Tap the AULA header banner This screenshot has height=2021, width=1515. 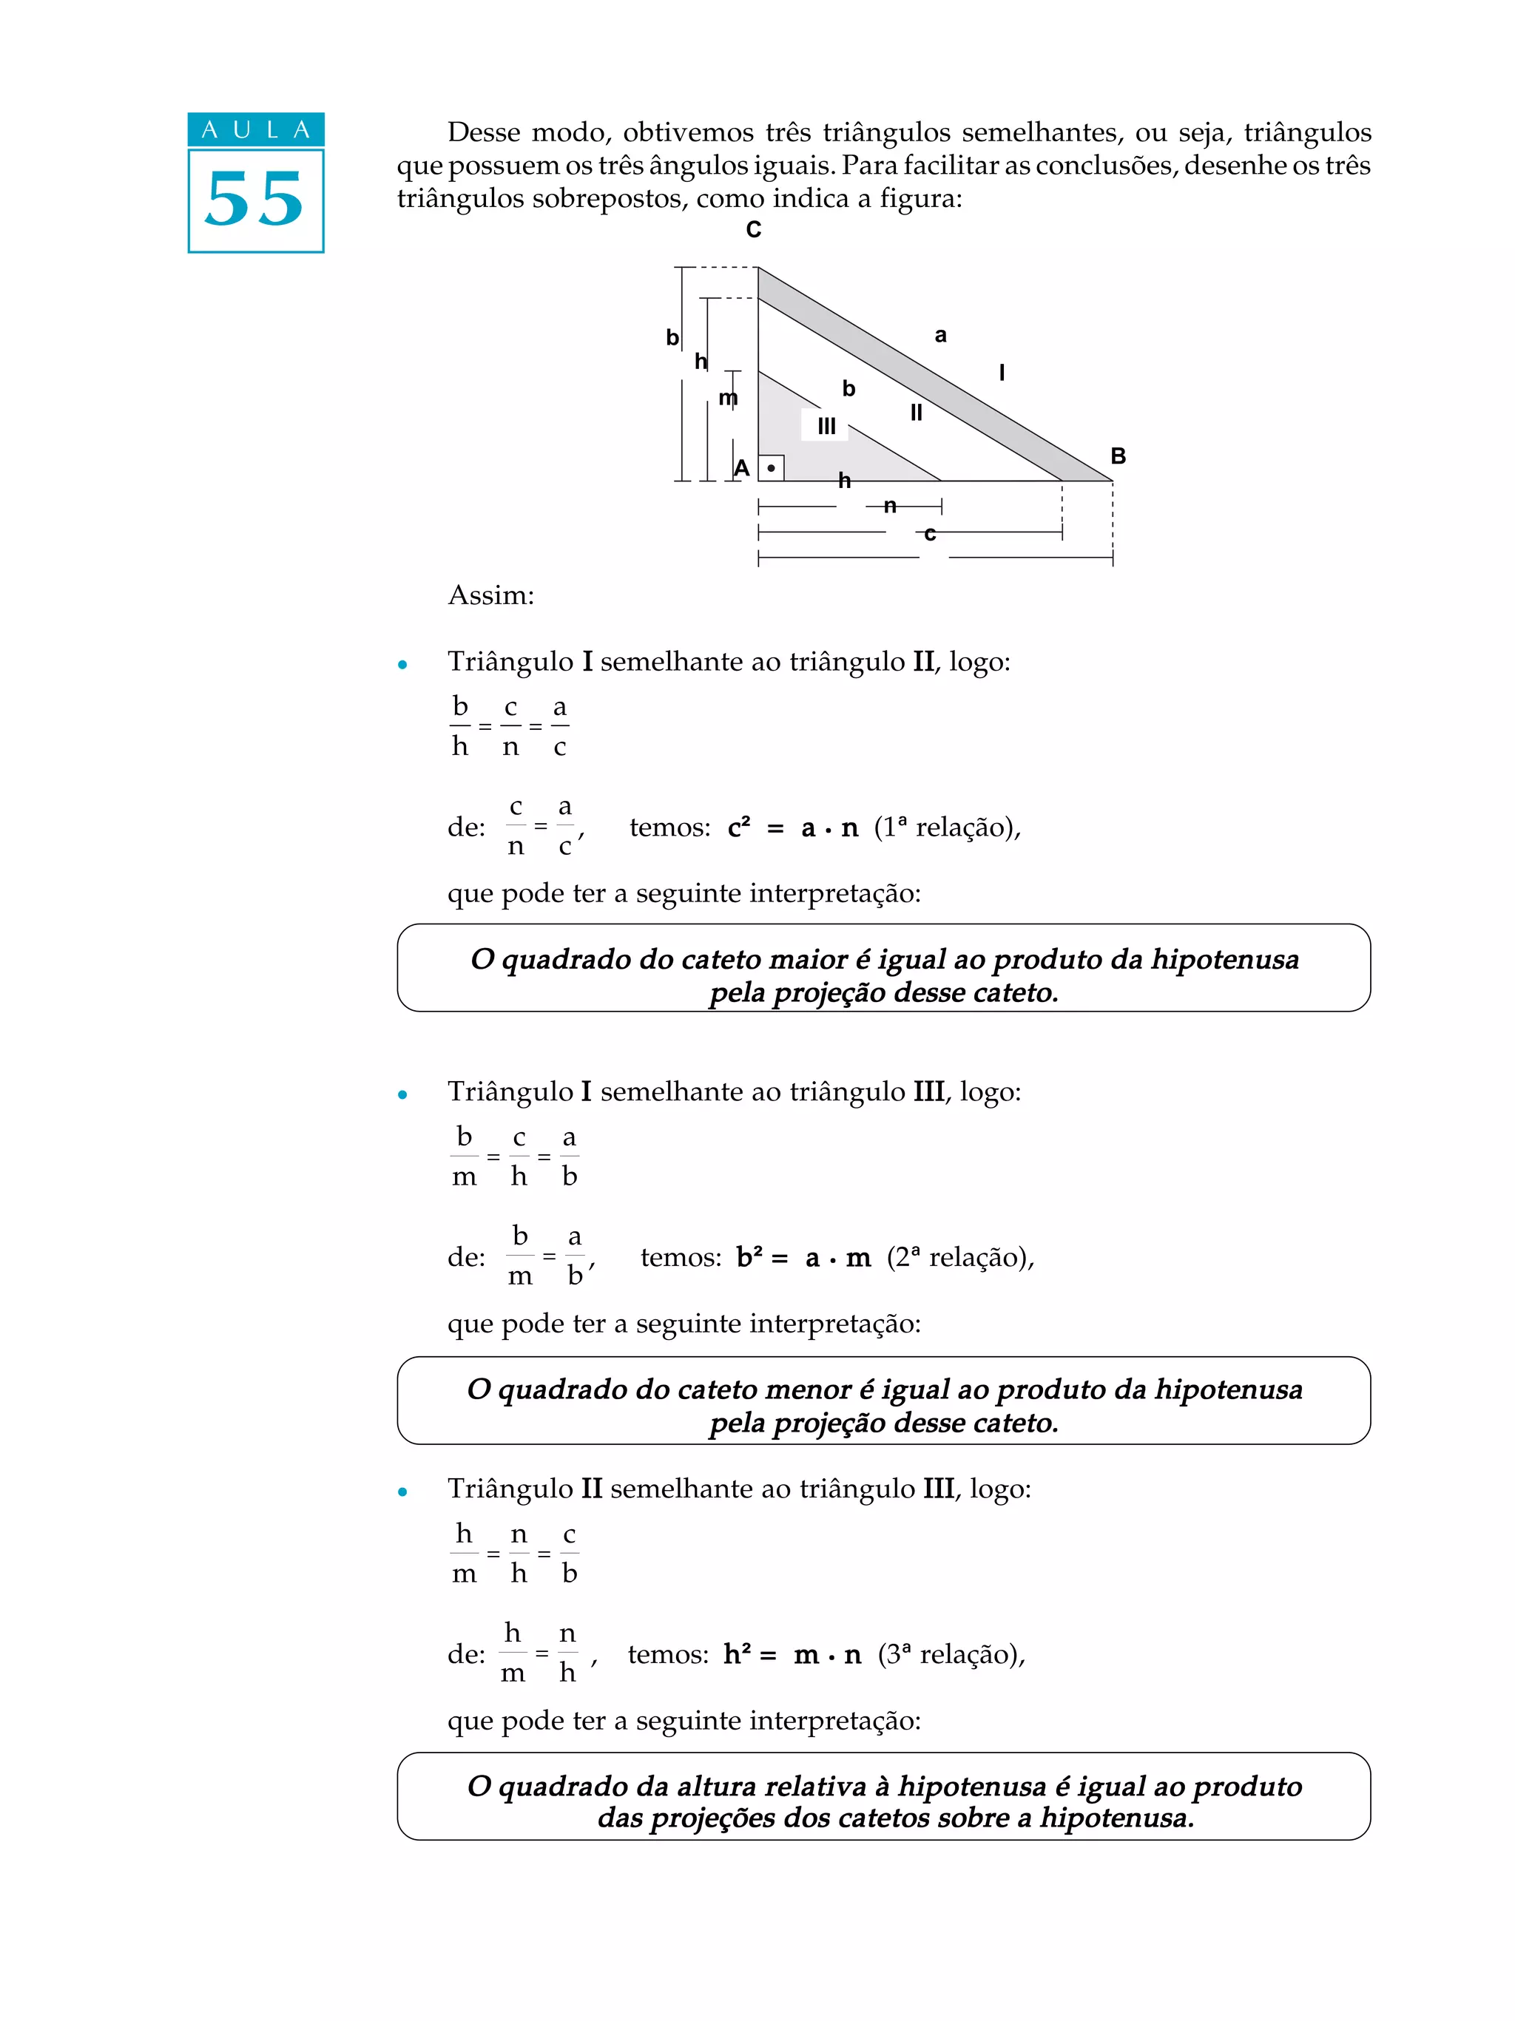point(256,129)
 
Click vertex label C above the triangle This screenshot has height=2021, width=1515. point(753,229)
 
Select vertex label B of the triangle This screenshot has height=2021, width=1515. point(1118,456)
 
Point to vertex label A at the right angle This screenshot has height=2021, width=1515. point(742,469)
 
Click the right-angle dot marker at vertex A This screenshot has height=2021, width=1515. point(772,469)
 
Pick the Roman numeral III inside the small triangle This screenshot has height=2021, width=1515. point(826,426)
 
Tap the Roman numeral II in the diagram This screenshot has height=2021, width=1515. point(916,413)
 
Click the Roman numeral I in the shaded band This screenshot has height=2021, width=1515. point(1002,372)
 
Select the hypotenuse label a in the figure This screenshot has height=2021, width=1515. point(940,335)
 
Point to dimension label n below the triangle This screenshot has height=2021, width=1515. point(890,505)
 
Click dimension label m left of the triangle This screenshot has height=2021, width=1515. point(727,397)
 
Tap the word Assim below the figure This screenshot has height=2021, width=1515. point(490,596)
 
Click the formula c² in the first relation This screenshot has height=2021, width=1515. point(738,827)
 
